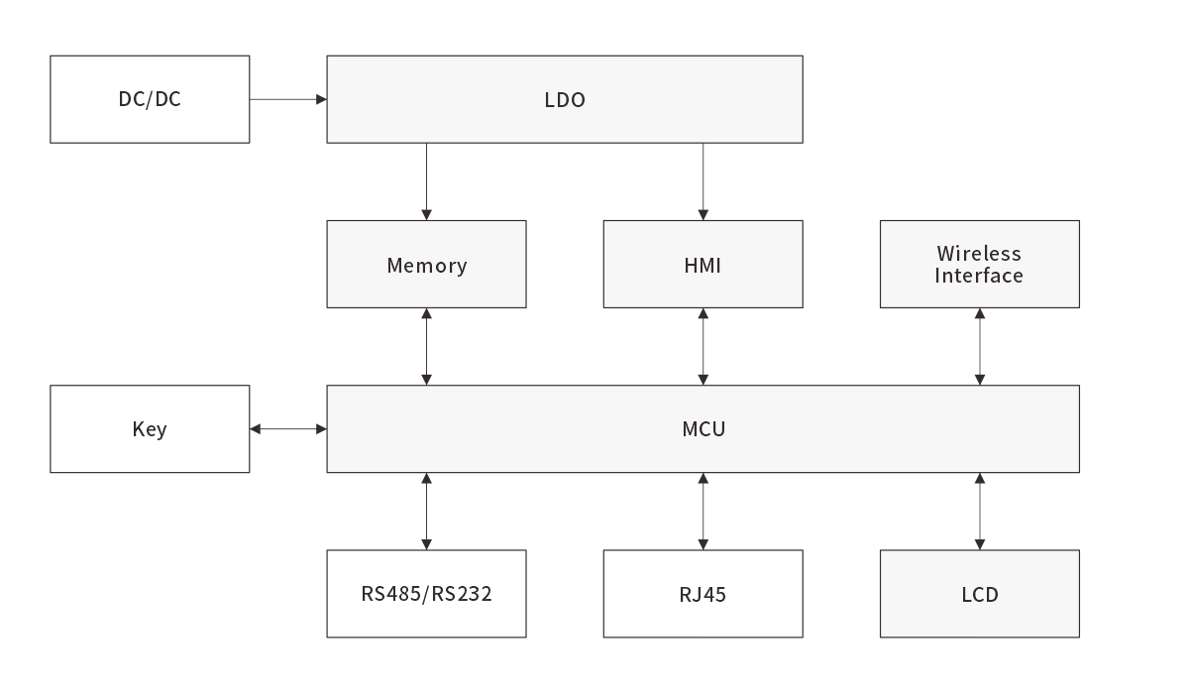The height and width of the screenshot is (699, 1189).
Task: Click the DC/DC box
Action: pos(150,99)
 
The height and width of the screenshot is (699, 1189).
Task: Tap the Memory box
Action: pos(426,265)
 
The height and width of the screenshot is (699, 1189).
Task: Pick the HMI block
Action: pos(703,265)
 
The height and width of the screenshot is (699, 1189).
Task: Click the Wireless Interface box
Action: pos(979,264)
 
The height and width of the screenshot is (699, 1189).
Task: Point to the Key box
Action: pos(150,429)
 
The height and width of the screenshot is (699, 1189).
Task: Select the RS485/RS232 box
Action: pos(426,594)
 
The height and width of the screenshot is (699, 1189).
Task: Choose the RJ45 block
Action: pos(703,594)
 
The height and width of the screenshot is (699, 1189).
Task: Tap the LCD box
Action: pos(979,594)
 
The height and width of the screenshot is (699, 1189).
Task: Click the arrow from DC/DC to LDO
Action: pos(288,99)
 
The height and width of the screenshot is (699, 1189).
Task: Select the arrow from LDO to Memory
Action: pos(427,181)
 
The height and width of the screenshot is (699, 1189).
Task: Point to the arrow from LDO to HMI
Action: pos(703,181)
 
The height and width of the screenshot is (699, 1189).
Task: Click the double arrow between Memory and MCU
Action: pos(427,347)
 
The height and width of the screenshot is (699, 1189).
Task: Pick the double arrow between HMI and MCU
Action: pos(703,347)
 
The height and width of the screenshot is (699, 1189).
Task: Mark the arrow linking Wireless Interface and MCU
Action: pos(980,347)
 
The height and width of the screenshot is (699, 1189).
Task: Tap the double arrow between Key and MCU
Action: pos(288,429)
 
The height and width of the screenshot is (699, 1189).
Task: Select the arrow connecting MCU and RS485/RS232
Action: pos(427,512)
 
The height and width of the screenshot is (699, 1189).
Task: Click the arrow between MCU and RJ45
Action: pos(703,512)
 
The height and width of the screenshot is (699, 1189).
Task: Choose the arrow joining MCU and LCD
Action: pos(980,512)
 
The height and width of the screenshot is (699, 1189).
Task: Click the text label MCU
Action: pos(703,429)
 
